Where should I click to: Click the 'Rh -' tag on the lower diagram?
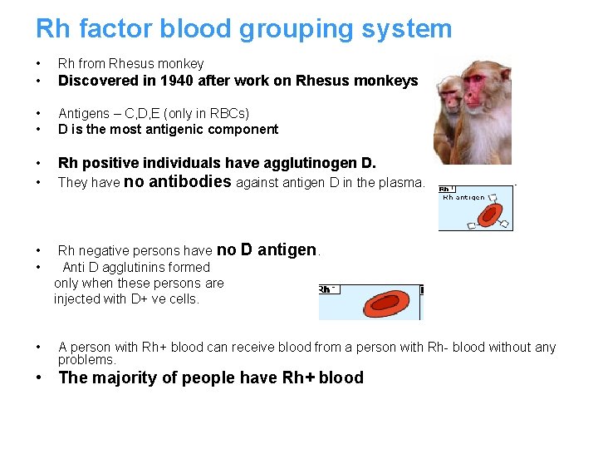tap(328, 289)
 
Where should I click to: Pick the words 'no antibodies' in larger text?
tap(177, 181)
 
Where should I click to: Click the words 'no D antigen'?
tap(267, 249)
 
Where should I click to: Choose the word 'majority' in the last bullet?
tap(122, 377)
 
